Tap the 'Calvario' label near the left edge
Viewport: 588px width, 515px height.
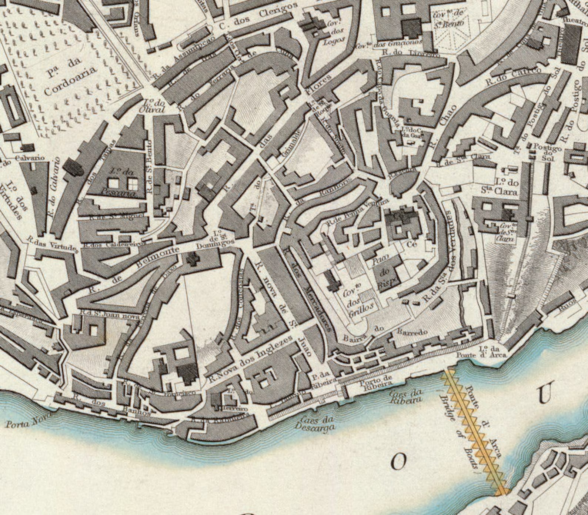30,158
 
